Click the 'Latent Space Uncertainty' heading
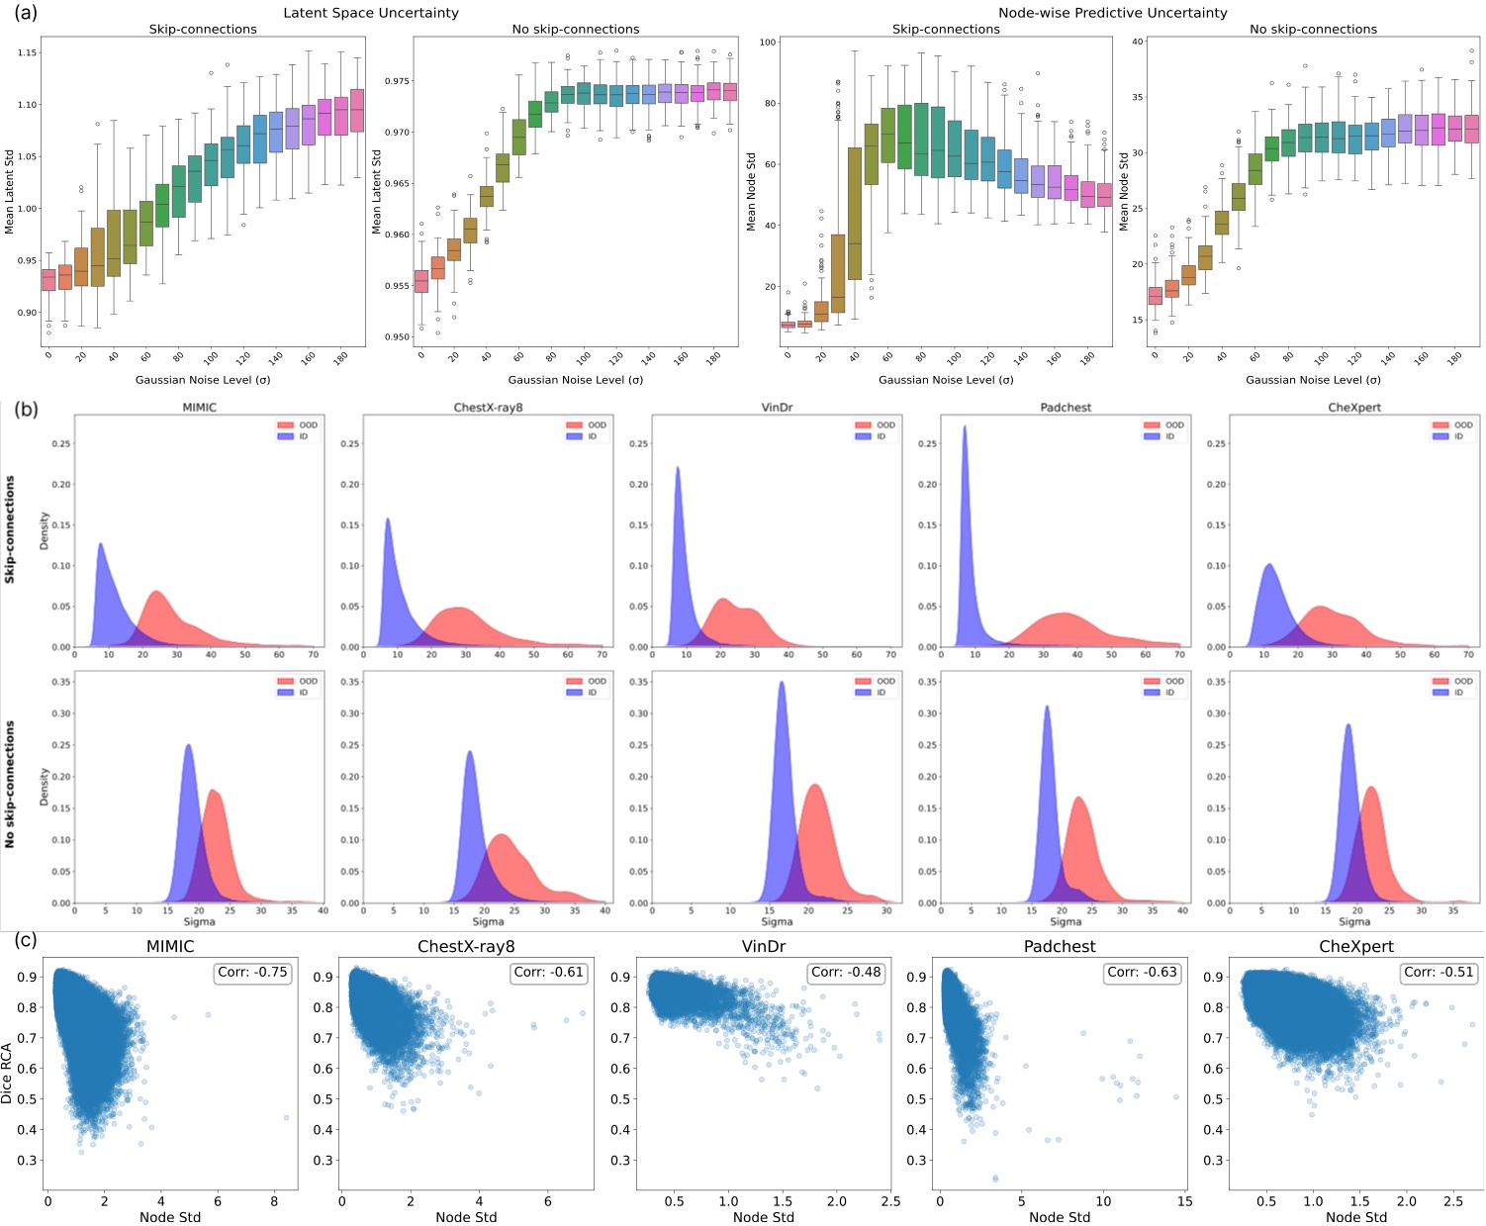click(x=371, y=13)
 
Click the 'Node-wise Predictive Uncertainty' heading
click(x=1112, y=13)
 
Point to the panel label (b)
click(x=26, y=409)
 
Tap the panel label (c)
click(x=26, y=940)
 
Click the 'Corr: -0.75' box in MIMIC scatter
click(x=252, y=973)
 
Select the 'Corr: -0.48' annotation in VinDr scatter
click(x=846, y=973)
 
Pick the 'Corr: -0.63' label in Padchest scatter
click(x=1142, y=973)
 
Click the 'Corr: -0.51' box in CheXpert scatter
click(x=1439, y=973)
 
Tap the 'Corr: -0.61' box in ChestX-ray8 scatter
click(x=549, y=973)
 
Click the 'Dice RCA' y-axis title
click(x=8, y=1073)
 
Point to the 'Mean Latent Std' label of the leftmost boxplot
click(x=10, y=192)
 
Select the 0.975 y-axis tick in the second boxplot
click(x=396, y=81)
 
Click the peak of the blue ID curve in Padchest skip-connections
click(x=965, y=427)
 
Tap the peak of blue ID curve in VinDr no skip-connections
click(x=782, y=683)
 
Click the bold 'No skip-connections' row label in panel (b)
click(x=10, y=784)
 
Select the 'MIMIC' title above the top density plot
click(x=199, y=408)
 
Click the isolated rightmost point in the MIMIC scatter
click(x=286, y=1117)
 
